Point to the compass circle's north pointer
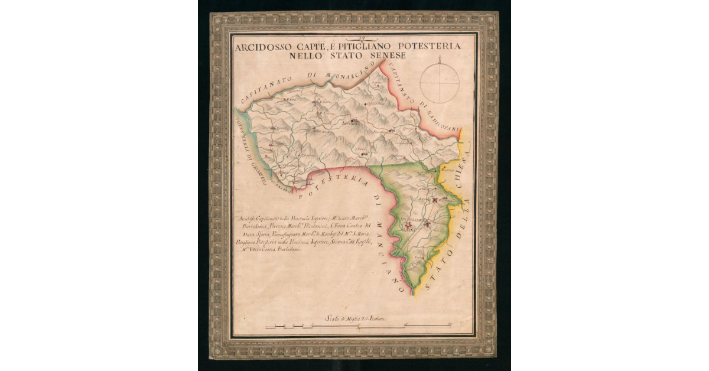click(441, 60)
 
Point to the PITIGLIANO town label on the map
click(415, 219)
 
